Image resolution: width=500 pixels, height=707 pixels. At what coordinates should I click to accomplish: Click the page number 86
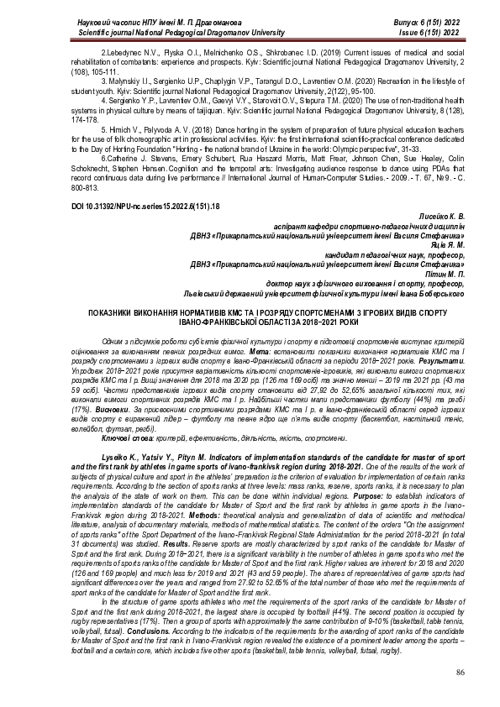(460, 673)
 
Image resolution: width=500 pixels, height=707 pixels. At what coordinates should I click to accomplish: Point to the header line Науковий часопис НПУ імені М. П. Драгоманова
(126, 21)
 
